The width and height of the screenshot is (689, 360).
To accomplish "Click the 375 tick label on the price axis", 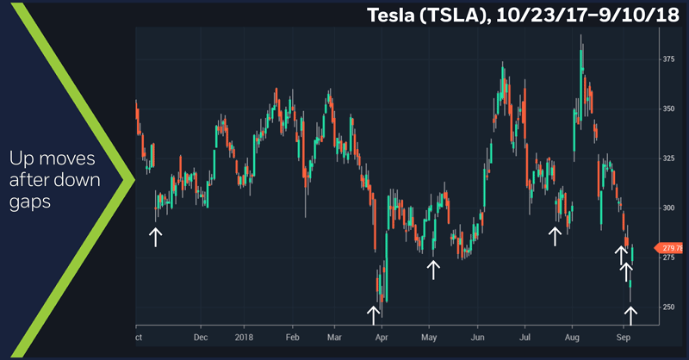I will point(668,59).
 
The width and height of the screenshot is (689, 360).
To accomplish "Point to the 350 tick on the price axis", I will point(668,109).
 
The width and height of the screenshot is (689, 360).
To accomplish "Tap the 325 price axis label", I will point(668,158).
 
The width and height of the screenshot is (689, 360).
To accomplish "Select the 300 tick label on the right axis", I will point(668,208).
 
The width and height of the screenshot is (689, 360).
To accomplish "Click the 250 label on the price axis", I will point(668,307).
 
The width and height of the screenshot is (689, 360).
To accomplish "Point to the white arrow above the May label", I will point(434,269).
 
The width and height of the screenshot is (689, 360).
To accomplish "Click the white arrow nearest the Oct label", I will point(156,236).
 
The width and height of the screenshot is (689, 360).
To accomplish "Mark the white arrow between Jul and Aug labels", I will point(556,235).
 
